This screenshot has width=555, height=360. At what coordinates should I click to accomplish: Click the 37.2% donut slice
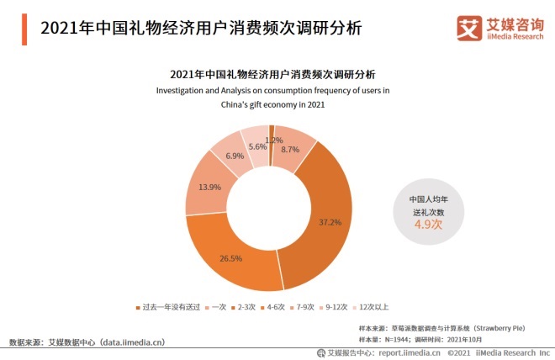(x=329, y=223)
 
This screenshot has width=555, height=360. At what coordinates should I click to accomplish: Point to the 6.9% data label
(x=235, y=156)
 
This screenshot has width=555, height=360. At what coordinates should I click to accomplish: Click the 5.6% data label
(x=256, y=146)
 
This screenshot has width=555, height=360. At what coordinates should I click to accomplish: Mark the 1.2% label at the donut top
(x=272, y=140)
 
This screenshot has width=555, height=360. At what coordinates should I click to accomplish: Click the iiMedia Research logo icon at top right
(x=468, y=27)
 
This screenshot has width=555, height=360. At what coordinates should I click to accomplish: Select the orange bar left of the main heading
(x=20, y=29)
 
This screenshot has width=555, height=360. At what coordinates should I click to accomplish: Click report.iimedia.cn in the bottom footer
(x=408, y=353)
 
